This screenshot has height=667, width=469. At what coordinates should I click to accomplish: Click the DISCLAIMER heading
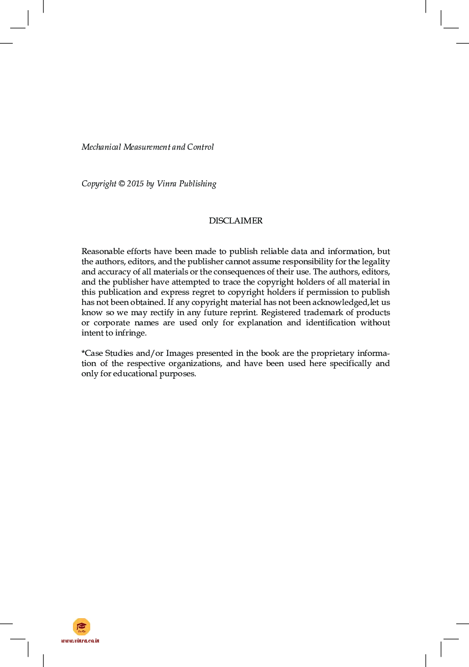click(236, 221)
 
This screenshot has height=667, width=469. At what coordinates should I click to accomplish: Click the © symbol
click(121, 184)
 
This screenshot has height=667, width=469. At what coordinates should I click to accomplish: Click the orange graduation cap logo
click(82, 626)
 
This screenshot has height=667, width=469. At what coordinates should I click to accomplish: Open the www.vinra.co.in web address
click(81, 641)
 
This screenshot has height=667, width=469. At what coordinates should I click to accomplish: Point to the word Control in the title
click(200, 147)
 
